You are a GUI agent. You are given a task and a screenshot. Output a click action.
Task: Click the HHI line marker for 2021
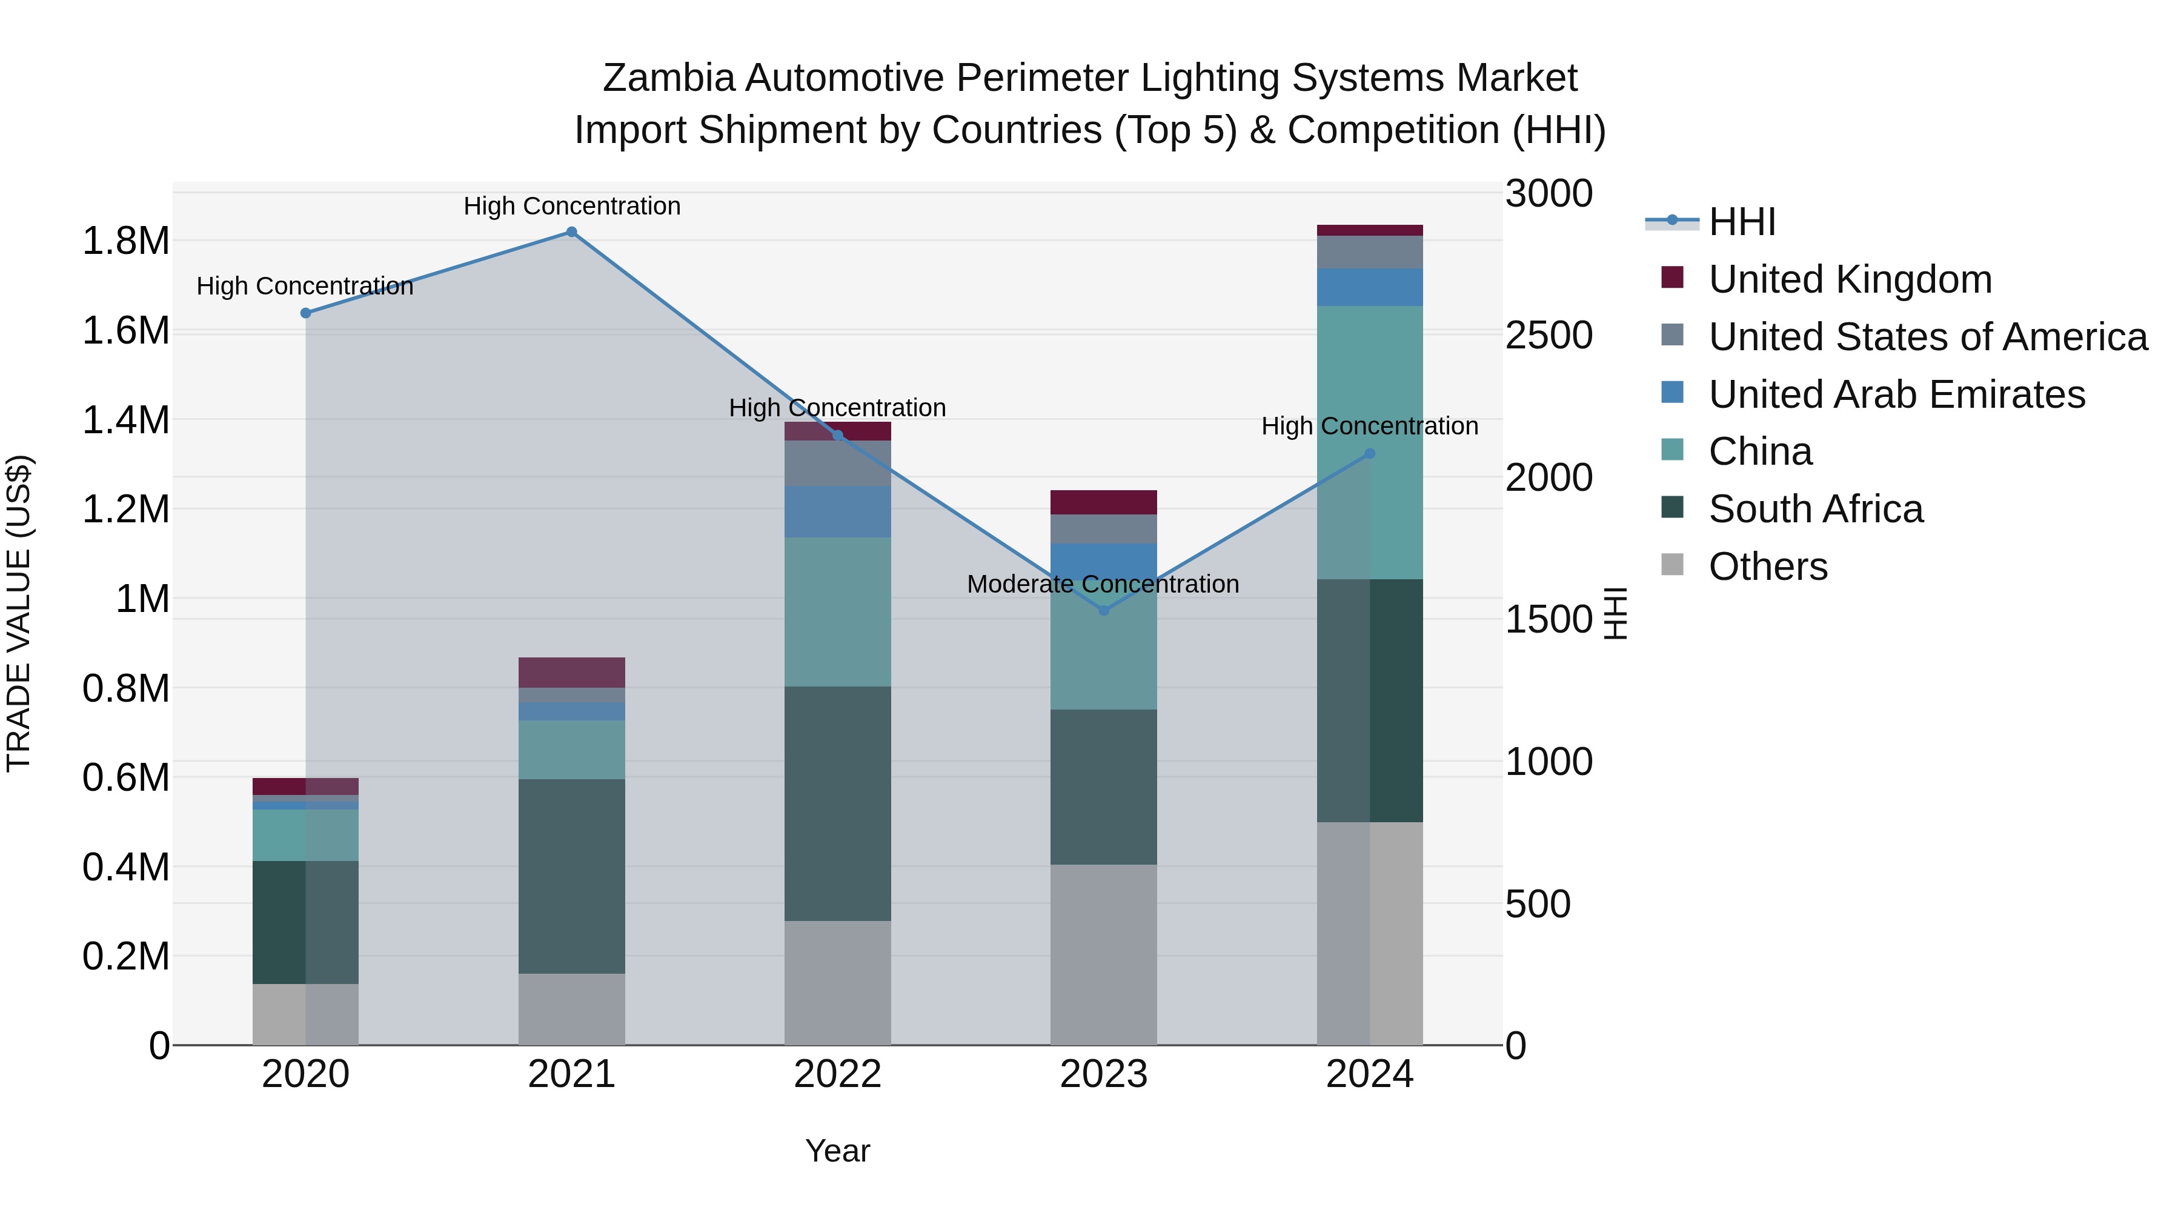click(571, 232)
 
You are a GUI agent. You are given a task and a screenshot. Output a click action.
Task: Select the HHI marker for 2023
click(1103, 611)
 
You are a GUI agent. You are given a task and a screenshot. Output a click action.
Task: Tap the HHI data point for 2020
click(306, 313)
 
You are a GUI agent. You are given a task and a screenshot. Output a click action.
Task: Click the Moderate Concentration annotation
click(1103, 584)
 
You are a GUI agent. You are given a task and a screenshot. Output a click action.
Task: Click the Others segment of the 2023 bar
click(1103, 954)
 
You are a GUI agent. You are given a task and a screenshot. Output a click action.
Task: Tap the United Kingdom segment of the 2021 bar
click(571, 673)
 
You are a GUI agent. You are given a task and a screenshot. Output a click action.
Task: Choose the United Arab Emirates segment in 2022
click(837, 511)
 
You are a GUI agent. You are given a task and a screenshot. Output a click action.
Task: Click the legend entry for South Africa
click(1815, 510)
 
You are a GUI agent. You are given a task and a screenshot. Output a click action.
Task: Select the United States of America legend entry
click(1927, 337)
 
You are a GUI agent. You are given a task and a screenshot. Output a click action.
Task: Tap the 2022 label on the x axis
click(837, 1074)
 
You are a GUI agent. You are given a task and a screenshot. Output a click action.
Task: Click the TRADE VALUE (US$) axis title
click(19, 613)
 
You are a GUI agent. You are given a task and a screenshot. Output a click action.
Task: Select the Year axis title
click(837, 1151)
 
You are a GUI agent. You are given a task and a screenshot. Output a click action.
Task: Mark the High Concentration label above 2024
click(1369, 426)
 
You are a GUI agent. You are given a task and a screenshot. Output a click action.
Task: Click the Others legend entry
click(1768, 567)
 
